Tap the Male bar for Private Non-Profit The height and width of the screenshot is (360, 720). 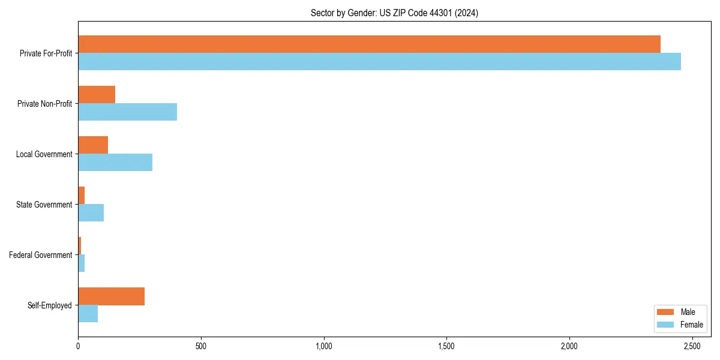(97, 95)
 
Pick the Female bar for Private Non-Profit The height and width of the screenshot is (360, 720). (127, 112)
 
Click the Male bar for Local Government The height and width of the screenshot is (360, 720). (93, 145)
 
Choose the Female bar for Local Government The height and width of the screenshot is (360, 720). (115, 163)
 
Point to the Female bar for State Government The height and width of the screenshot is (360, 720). (91, 213)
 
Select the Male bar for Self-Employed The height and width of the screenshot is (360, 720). (111, 296)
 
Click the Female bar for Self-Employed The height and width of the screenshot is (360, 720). (88, 314)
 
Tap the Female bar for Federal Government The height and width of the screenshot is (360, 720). (81, 263)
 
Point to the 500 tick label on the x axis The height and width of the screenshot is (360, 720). (201, 347)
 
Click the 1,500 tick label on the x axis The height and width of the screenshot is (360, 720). (446, 347)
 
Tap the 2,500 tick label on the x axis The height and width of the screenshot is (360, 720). (692, 347)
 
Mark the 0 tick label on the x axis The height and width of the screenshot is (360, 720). (78, 347)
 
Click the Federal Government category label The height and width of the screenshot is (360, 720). (41, 255)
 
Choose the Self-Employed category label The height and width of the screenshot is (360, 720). (50, 305)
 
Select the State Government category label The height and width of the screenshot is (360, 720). (44, 205)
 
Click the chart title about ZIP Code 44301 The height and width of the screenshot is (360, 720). (394, 13)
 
